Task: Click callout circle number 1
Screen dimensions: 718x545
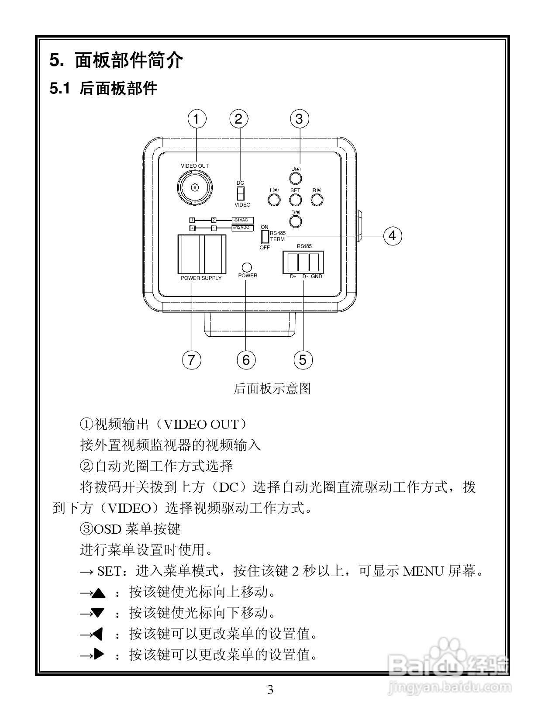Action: pyautogui.click(x=196, y=119)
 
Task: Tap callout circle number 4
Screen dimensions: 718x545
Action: pyautogui.click(x=392, y=235)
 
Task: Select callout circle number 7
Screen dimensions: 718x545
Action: pyautogui.click(x=191, y=360)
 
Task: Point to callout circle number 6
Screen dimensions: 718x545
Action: pyautogui.click(x=246, y=360)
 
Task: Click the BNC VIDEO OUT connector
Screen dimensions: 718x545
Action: pyautogui.click(x=195, y=188)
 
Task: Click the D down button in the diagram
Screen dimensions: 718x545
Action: pyautogui.click(x=296, y=221)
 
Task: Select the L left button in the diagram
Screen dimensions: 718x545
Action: pyautogui.click(x=274, y=200)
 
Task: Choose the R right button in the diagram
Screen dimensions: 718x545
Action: pyautogui.click(x=317, y=200)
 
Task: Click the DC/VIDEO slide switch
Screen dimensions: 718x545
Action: pyautogui.click(x=240, y=193)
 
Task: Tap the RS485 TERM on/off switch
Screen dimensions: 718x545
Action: pyautogui.click(x=265, y=237)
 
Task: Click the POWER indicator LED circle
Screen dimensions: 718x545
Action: pyautogui.click(x=247, y=267)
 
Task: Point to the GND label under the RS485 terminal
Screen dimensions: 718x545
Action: pyautogui.click(x=317, y=276)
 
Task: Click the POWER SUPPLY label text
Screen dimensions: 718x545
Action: pyautogui.click(x=201, y=278)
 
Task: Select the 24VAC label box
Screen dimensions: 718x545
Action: pyautogui.click(x=242, y=220)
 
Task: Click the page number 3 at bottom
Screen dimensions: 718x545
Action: pyautogui.click(x=270, y=690)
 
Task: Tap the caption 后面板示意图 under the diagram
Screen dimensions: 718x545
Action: pyautogui.click(x=272, y=388)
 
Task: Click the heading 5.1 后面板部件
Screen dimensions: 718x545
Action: pyautogui.click(x=103, y=89)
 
